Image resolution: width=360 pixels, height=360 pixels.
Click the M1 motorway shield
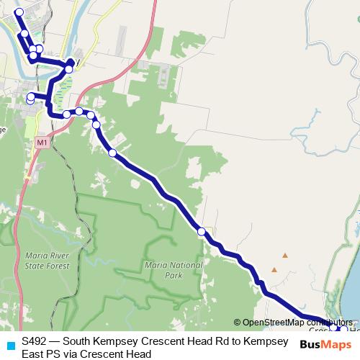click(42, 143)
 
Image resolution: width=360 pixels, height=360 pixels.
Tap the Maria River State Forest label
click(47, 260)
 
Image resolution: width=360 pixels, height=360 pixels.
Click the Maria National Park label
click(174, 269)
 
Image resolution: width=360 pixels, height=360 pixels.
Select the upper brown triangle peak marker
click(285, 255)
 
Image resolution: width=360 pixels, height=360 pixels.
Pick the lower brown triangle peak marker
click(274, 270)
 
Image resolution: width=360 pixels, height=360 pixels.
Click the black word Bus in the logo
click(311, 344)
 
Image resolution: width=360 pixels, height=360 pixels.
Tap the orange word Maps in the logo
click(337, 344)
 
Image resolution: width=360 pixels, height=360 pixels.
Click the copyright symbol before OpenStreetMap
click(237, 322)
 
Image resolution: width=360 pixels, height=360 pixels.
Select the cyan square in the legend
click(9, 345)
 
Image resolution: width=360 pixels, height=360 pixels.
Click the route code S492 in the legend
click(35, 341)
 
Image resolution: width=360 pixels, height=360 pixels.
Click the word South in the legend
click(78, 341)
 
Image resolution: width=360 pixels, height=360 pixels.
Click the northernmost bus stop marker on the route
click(19, 12)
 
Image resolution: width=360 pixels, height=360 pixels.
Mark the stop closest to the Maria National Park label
click(202, 231)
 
